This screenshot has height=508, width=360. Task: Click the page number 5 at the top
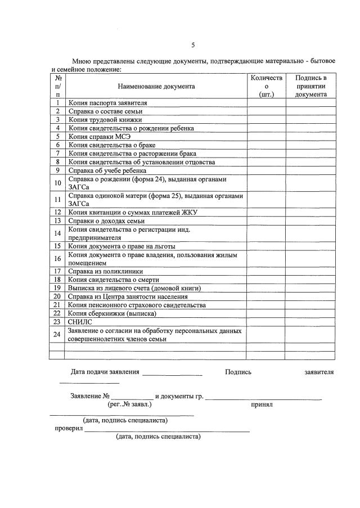click(193, 46)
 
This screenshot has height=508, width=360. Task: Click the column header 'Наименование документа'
click(156, 87)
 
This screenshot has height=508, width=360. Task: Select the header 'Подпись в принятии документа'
click(310, 87)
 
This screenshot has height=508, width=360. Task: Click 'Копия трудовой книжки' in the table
click(105, 120)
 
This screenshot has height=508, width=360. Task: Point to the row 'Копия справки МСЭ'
click(100, 136)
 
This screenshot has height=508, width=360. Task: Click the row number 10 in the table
click(57, 183)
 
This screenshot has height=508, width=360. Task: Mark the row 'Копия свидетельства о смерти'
click(114, 280)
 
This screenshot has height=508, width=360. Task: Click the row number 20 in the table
click(57, 296)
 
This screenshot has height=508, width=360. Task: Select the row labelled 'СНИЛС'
click(80, 322)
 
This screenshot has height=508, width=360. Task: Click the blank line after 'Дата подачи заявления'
click(172, 373)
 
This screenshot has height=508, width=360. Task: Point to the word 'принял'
click(262, 404)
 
